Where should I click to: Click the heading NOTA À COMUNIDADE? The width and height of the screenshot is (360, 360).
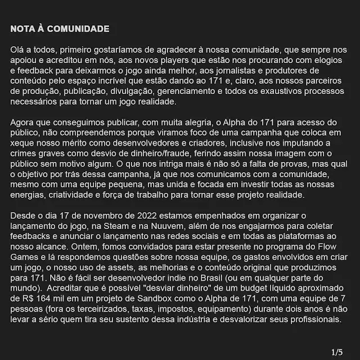tap(60, 29)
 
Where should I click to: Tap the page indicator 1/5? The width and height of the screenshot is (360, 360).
tap(337, 352)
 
